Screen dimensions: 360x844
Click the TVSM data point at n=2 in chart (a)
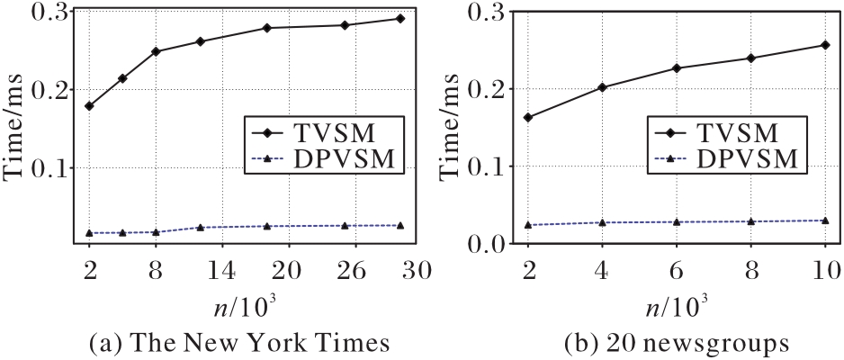[88, 106]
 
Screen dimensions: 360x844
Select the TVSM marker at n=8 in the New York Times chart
[156, 51]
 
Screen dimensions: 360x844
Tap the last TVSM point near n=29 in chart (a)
[400, 19]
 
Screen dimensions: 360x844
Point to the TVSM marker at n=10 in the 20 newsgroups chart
[825, 45]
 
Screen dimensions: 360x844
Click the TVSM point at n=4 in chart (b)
[602, 87]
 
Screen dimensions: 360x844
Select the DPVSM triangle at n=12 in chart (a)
[201, 228]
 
